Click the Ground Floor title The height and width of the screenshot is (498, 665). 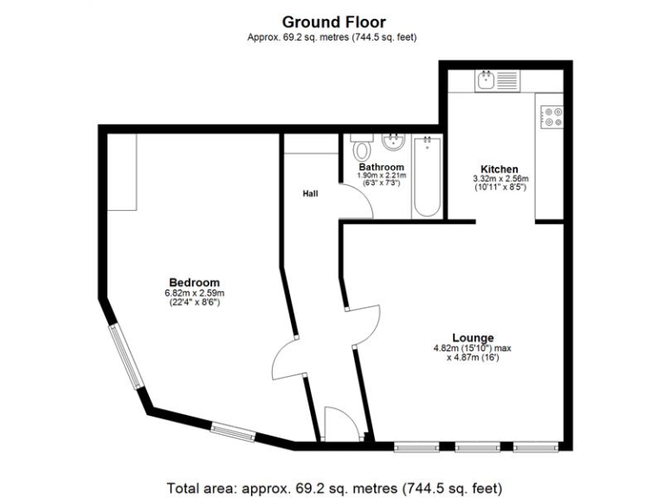pyautogui.click(x=333, y=22)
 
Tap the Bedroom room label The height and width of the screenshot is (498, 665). pyautogui.click(x=194, y=283)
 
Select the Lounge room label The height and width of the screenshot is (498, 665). pyautogui.click(x=473, y=337)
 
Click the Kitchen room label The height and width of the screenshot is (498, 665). pyautogui.click(x=500, y=169)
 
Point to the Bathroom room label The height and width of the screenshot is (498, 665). pyautogui.click(x=381, y=167)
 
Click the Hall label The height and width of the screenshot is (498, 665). pyautogui.click(x=309, y=194)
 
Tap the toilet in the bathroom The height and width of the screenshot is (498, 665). pyautogui.click(x=362, y=147)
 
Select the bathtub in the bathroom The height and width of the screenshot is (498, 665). pyautogui.click(x=426, y=176)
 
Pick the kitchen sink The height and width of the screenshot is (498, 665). pyautogui.click(x=495, y=81)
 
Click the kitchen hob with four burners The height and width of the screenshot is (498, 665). pyautogui.click(x=552, y=116)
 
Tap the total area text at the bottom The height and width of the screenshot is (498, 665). pyautogui.click(x=333, y=488)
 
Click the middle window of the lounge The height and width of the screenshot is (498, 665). pyautogui.click(x=468, y=447)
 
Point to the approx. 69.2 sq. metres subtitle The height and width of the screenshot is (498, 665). pyautogui.click(x=333, y=37)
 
